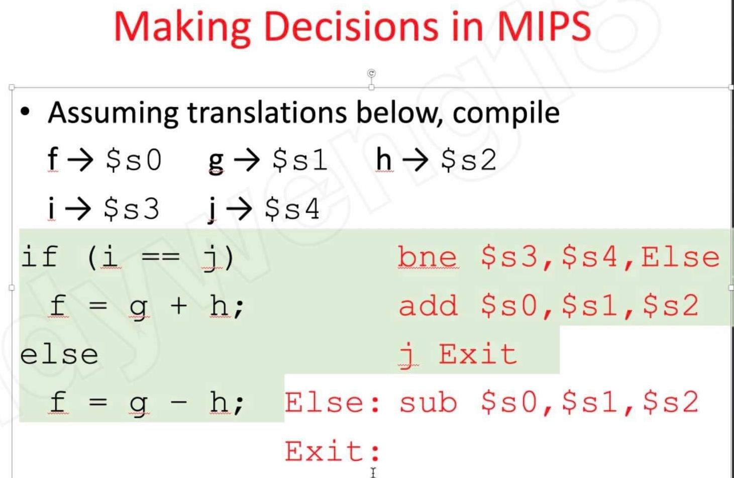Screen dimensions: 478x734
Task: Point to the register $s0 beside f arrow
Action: (x=134, y=160)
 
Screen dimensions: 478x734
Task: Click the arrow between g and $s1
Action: (x=247, y=160)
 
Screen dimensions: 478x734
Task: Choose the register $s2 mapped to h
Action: (x=468, y=160)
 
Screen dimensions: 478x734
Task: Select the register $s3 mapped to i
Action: (x=131, y=208)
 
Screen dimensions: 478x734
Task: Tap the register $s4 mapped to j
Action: (x=292, y=208)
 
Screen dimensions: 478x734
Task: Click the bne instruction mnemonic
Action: (x=427, y=257)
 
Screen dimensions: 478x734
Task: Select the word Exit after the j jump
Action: (x=477, y=354)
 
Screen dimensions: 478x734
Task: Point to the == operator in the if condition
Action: (x=160, y=257)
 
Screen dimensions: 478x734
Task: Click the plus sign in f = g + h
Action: (x=179, y=305)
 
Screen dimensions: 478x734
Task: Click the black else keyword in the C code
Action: (x=59, y=354)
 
